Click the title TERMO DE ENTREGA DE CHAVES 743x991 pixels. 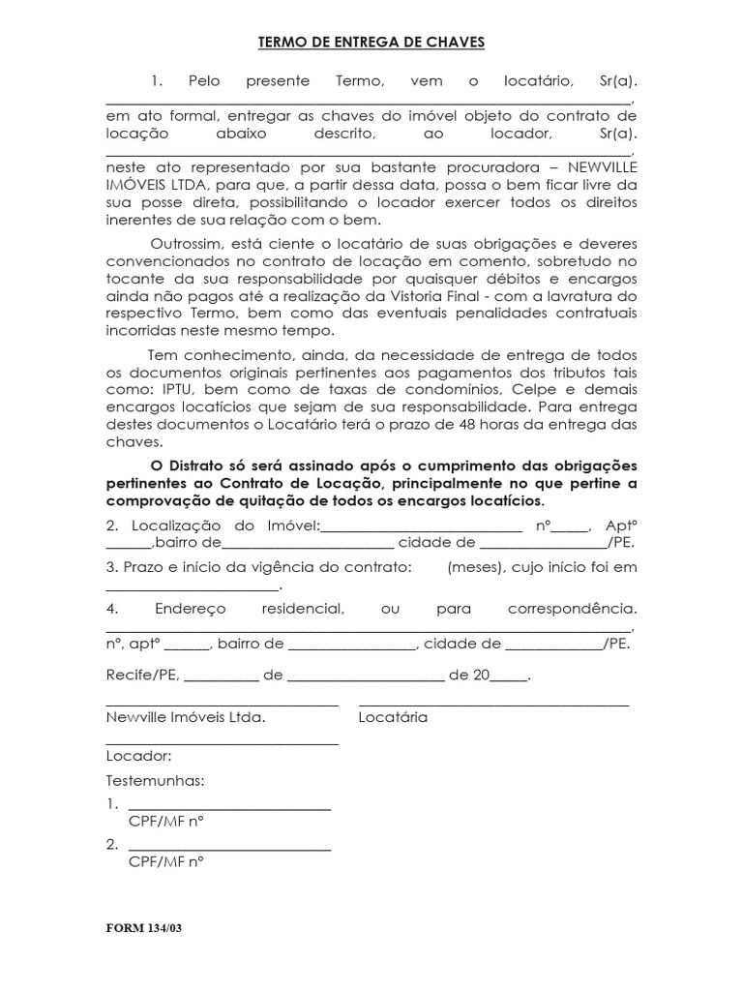[371, 43]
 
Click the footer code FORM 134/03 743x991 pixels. [143, 928]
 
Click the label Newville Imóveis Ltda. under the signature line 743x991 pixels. [185, 718]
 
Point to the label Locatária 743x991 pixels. [393, 718]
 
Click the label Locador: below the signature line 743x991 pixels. [138, 756]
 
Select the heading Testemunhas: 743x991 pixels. [155, 781]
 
